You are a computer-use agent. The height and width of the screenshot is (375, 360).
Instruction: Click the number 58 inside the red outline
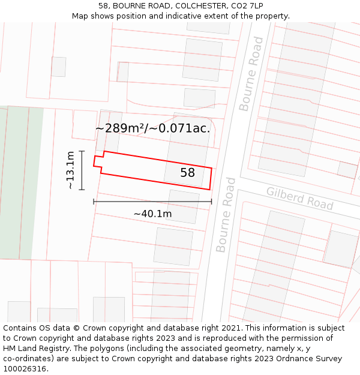(x=188, y=173)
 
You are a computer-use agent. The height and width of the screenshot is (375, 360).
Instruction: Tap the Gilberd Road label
(x=299, y=197)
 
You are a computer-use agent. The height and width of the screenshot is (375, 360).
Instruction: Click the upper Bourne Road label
(x=251, y=74)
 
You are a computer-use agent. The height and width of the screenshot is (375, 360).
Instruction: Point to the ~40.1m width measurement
(x=152, y=214)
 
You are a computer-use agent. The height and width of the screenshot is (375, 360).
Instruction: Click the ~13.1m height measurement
(x=71, y=170)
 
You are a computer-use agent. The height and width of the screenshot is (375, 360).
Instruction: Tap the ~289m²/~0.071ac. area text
(x=152, y=128)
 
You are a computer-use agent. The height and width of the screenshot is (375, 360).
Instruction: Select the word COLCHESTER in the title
(x=194, y=6)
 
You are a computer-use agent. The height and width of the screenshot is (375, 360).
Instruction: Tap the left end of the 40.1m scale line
(x=94, y=202)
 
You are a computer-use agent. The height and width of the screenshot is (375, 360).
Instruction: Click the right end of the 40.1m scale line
(x=211, y=202)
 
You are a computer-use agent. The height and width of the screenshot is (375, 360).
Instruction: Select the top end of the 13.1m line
(x=82, y=151)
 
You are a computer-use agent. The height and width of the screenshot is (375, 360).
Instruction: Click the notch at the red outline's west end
(x=98, y=161)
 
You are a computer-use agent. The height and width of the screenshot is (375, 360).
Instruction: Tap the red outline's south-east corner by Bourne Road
(x=210, y=189)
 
